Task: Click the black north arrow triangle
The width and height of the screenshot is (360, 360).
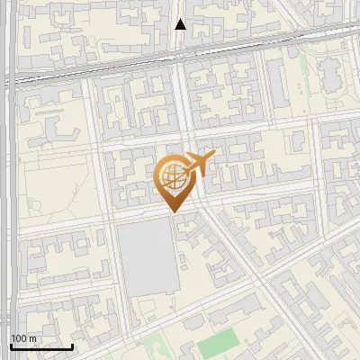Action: pos(180,24)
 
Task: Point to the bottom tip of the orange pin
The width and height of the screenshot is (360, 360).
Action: pos(173,212)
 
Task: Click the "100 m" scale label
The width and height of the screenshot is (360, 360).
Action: pos(22,338)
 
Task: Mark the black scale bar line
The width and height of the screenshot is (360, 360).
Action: pos(41,346)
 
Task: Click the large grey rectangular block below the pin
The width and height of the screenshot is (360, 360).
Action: pos(147,256)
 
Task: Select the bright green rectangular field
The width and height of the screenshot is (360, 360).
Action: pos(219,341)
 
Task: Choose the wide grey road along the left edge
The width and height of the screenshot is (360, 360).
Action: pos(9,180)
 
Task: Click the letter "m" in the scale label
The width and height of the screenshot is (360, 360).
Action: pos(31,338)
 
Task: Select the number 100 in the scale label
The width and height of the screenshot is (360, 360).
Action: pos(18,338)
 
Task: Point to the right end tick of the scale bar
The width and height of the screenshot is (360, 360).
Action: pos(72,346)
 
